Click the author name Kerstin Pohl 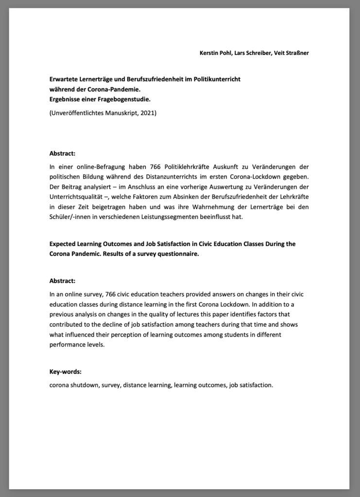pos(215,52)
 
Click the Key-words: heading pos(66,372)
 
